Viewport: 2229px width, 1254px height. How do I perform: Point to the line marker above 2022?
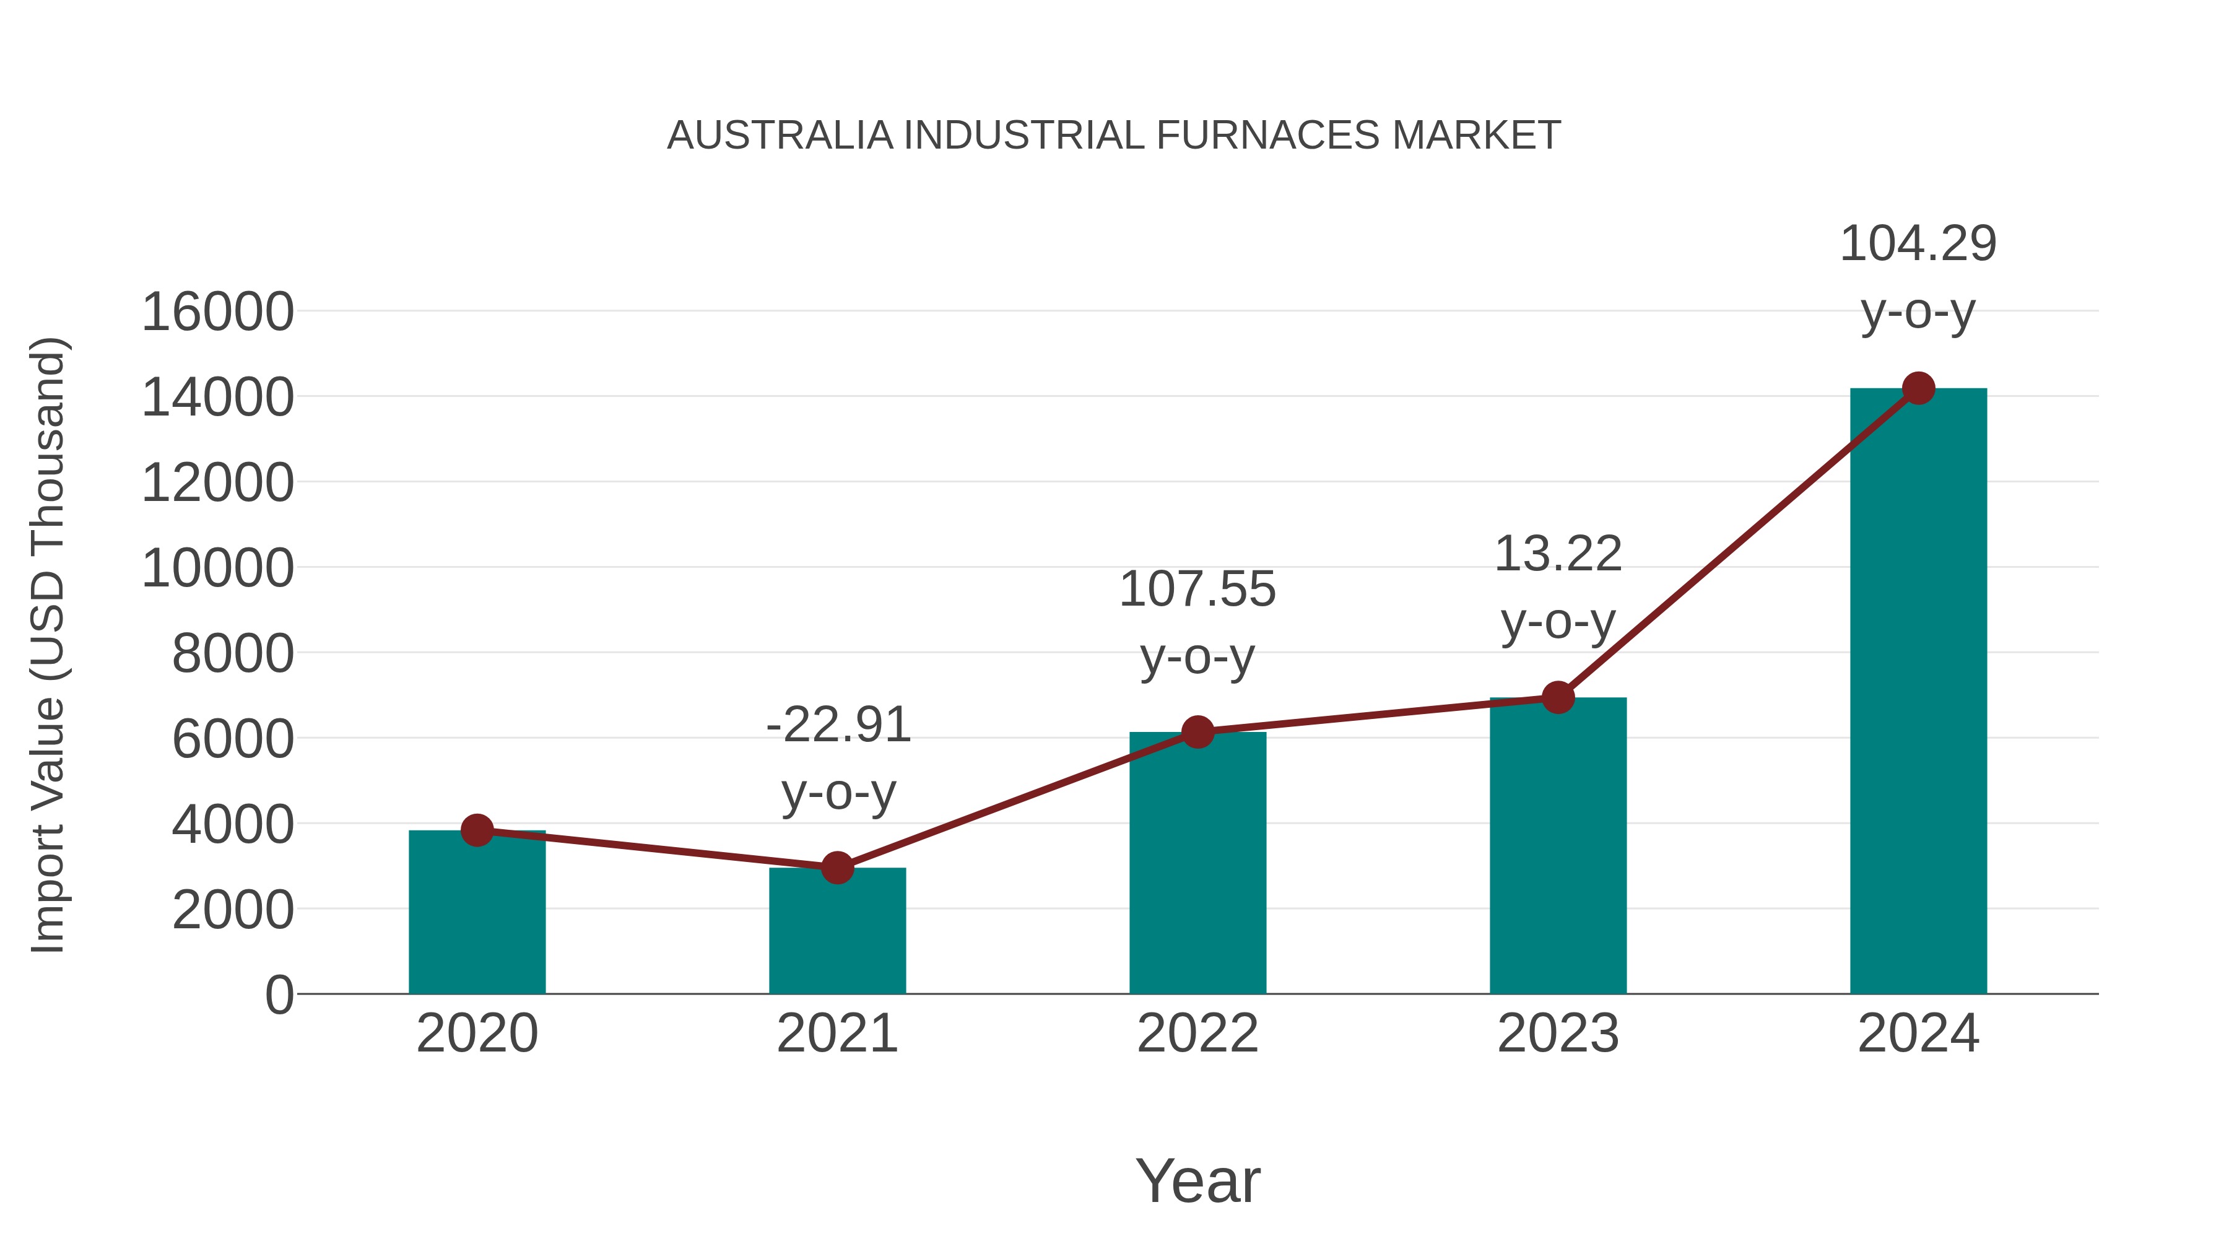[1197, 732]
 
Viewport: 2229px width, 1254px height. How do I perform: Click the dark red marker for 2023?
[1558, 697]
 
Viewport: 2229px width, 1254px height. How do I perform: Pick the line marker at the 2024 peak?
[1918, 388]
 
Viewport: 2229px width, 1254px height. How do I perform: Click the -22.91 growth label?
[838, 725]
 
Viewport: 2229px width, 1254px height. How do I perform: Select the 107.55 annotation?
[1197, 590]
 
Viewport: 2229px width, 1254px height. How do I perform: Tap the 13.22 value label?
[1558, 554]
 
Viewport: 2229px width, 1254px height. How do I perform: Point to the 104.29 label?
[1918, 244]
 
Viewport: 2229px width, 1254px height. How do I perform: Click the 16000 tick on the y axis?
[217, 313]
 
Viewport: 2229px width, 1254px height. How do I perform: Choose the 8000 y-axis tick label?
[233, 655]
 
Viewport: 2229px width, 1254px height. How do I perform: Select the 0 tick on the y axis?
[279, 995]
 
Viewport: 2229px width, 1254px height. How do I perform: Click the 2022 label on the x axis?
[1197, 1034]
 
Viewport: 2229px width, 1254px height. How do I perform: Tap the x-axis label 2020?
[477, 1034]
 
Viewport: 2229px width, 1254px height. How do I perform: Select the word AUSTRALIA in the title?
[780, 136]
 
